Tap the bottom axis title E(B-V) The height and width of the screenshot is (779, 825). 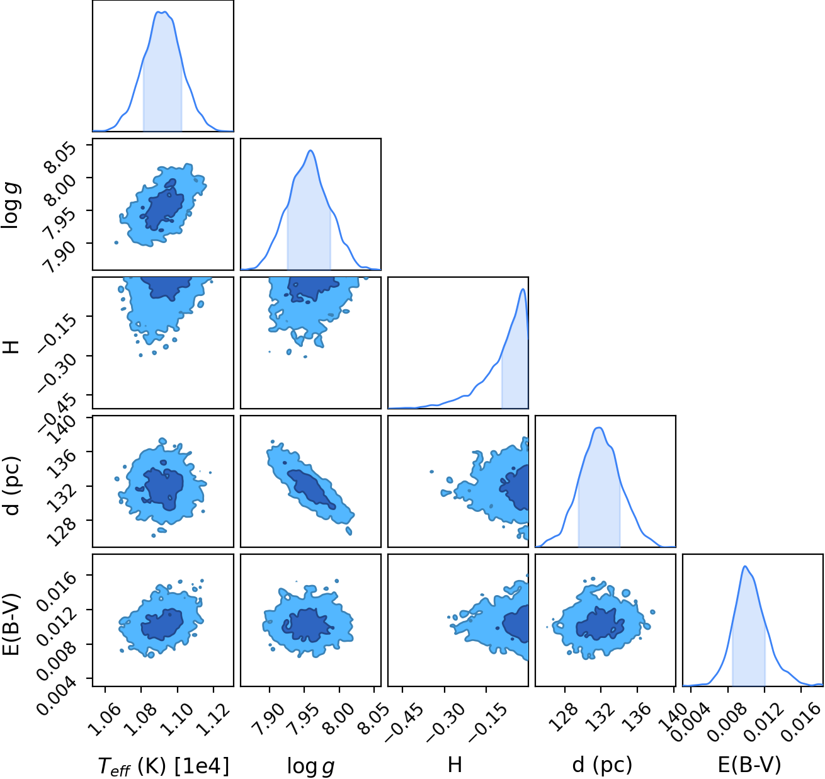749,765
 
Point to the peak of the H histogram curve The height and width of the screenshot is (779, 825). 523,289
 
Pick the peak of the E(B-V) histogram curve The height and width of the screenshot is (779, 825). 745,566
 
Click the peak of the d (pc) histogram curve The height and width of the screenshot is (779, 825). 599,428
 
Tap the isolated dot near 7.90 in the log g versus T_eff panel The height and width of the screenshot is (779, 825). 117,242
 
